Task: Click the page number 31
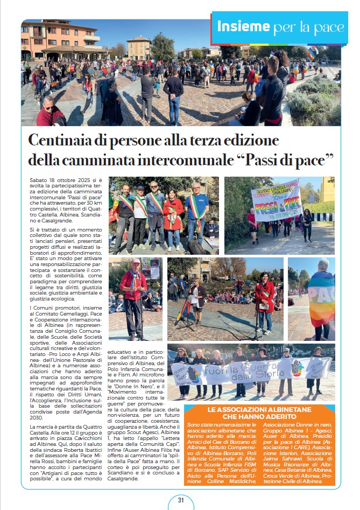pos(181,500)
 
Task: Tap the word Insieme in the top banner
pos(243,26)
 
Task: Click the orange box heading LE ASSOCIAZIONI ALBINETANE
pos(259,414)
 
